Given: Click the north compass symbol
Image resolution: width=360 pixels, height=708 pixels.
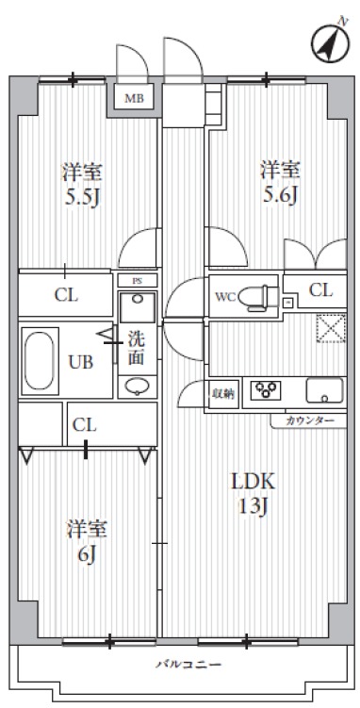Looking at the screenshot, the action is coord(325,41).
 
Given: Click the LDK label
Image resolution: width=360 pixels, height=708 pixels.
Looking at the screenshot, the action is coord(252,480).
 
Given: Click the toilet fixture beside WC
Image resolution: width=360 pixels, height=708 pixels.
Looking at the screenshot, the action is coord(255,297).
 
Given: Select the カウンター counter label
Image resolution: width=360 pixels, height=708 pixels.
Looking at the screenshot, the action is coord(301,419).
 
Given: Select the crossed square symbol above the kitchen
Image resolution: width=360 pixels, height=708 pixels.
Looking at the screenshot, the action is coord(330,331).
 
